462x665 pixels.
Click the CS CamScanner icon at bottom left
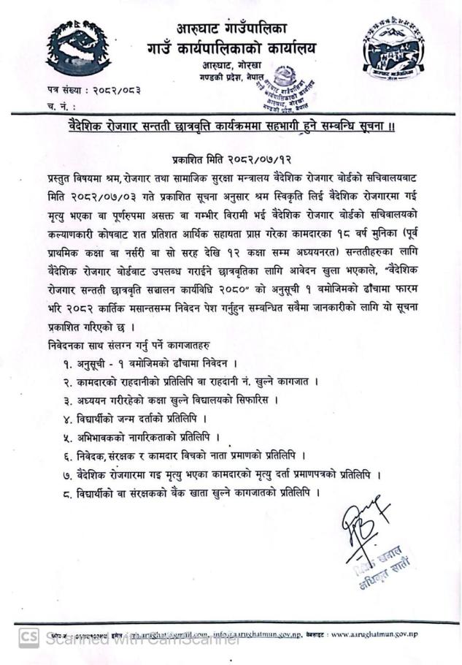coord(28,638)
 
